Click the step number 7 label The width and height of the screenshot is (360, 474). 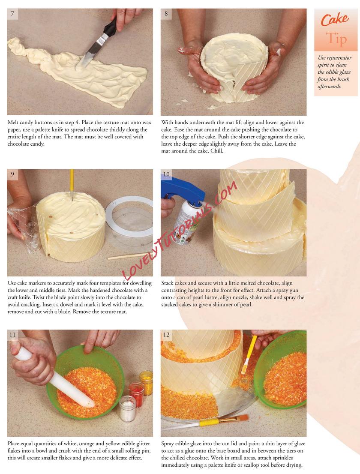click(12, 14)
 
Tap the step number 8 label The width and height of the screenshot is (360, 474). click(166, 14)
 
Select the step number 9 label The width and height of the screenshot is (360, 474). click(12, 174)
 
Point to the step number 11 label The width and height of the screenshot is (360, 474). click(12, 335)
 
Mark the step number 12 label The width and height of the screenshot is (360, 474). click(166, 335)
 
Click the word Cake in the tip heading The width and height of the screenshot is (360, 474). click(335, 20)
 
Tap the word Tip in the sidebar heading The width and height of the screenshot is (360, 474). click(336, 39)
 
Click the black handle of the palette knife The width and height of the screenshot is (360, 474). click(110, 27)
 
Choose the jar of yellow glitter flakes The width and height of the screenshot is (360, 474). click(146, 383)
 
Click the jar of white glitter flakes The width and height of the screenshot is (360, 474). click(128, 408)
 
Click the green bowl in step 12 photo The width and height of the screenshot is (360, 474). click(279, 369)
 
